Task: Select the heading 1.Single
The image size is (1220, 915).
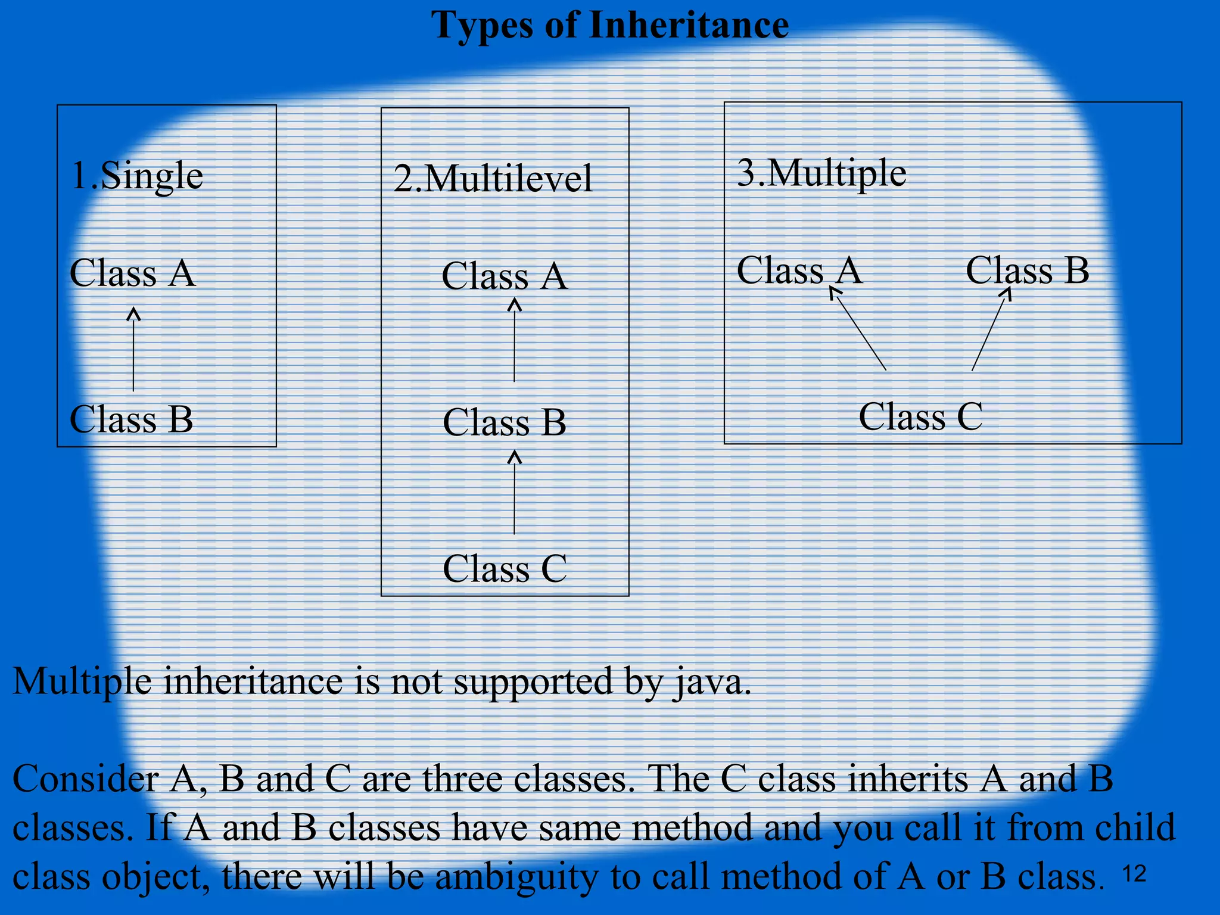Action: (137, 176)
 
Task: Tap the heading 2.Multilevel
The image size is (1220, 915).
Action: (493, 179)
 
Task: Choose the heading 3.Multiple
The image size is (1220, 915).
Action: (821, 173)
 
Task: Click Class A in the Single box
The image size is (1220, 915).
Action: (132, 273)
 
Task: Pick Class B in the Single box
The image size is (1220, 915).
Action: (131, 419)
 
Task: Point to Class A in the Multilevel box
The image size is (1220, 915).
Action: (504, 276)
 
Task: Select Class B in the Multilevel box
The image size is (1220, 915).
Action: (504, 423)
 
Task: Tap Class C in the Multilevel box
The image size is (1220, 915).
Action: (504, 569)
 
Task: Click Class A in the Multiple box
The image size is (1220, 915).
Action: (799, 270)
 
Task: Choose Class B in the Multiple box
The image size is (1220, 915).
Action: (1027, 270)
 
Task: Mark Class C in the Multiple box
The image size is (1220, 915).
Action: (920, 416)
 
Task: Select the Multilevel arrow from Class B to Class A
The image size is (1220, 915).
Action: (515, 340)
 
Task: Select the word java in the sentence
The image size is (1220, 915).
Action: (712, 682)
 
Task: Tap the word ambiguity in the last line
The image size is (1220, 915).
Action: (517, 877)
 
